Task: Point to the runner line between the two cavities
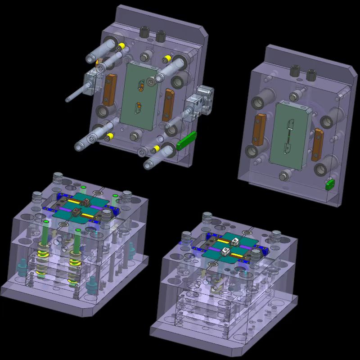click(x=287, y=134)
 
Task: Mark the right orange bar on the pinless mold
click(x=318, y=144)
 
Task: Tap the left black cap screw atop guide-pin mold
click(x=145, y=31)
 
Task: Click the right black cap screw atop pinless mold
click(x=310, y=75)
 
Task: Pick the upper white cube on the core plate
click(x=234, y=241)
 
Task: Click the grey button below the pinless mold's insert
click(x=284, y=175)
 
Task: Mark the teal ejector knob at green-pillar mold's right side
click(x=132, y=247)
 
